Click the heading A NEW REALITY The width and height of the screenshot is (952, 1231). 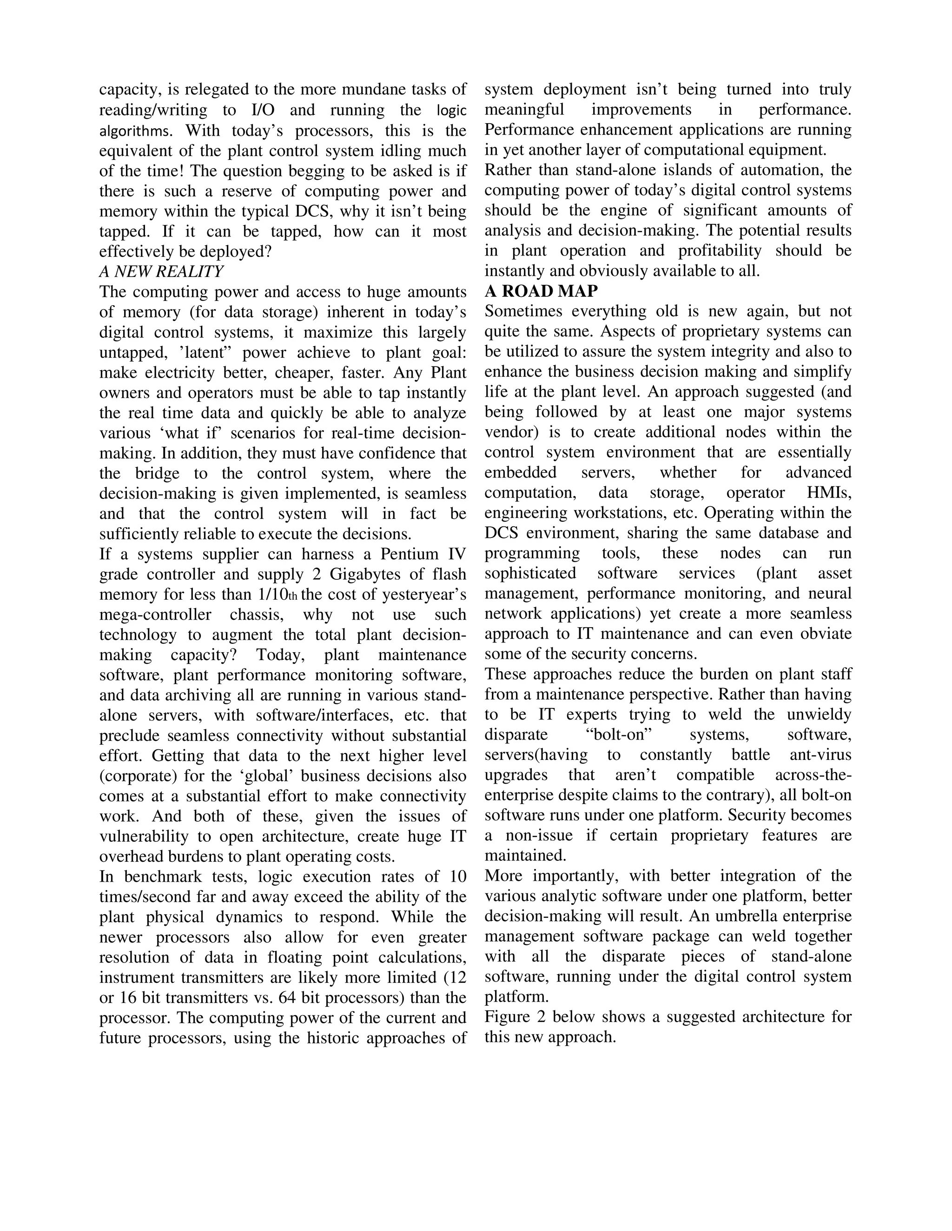(161, 272)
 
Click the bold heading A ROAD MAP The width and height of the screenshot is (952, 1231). (541, 291)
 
